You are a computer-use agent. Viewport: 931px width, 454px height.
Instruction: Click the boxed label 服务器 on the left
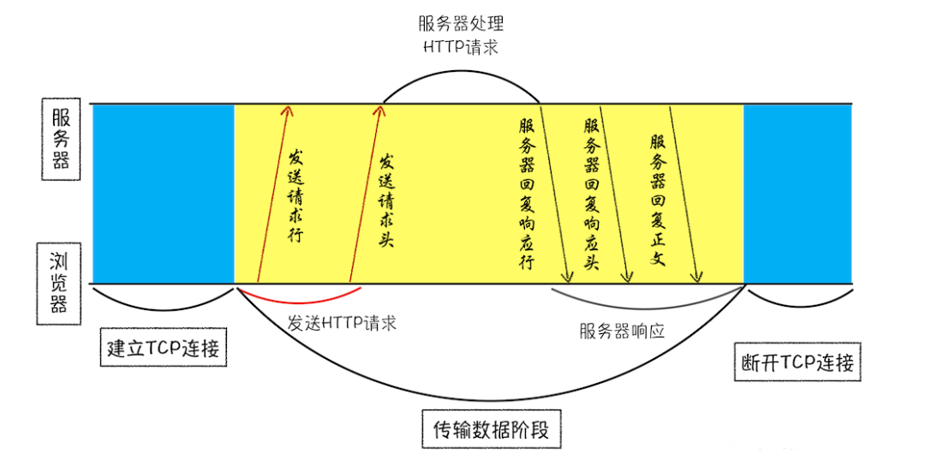click(x=61, y=138)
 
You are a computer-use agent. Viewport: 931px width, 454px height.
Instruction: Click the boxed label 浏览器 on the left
click(x=59, y=282)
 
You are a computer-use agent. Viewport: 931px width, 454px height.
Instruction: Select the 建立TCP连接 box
click(x=164, y=349)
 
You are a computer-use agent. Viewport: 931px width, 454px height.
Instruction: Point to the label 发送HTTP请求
click(x=342, y=324)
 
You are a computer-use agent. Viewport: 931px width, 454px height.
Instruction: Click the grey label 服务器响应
click(x=622, y=331)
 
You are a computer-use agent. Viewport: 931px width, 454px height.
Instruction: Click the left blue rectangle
click(x=163, y=194)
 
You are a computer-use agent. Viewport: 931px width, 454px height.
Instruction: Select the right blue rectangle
click(x=797, y=194)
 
